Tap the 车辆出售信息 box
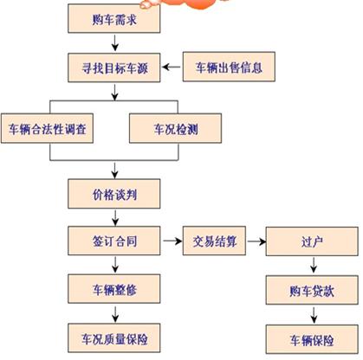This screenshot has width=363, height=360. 229,65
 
